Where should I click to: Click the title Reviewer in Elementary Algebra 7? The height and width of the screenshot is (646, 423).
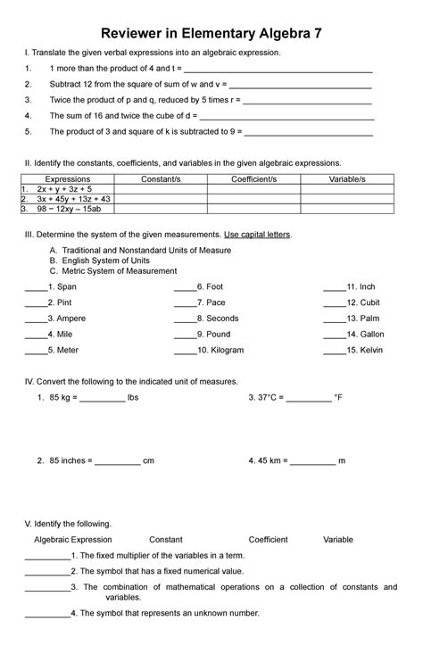click(211, 32)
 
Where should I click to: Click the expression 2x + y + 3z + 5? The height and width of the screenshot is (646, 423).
click(64, 189)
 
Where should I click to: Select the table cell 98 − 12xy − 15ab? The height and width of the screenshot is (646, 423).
click(69, 209)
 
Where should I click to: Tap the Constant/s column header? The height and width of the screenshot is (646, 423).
click(161, 179)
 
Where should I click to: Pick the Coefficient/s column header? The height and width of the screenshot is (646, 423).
click(253, 179)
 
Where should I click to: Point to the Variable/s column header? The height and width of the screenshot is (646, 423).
click(347, 179)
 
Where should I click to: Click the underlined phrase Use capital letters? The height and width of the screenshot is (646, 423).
click(269, 234)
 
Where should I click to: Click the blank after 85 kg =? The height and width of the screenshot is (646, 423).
click(102, 398)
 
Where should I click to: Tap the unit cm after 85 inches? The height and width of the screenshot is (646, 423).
click(149, 461)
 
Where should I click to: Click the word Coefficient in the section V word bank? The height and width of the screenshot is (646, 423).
click(268, 540)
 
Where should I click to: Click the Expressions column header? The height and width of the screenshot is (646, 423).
click(67, 179)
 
